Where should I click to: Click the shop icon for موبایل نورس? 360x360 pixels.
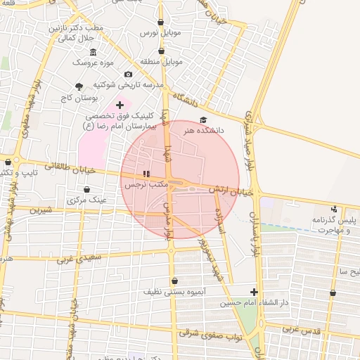(161, 22)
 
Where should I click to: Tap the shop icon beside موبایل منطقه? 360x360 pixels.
(162, 51)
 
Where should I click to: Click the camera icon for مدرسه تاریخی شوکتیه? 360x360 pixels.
(128, 75)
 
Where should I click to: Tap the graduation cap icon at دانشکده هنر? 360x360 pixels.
(203, 120)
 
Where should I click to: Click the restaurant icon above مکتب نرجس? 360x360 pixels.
(146, 174)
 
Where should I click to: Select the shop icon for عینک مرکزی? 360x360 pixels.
(86, 189)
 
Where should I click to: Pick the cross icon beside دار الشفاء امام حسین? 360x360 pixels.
(254, 292)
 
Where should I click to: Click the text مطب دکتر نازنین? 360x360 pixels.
(75, 28)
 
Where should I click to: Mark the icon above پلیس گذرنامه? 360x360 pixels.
(334, 209)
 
